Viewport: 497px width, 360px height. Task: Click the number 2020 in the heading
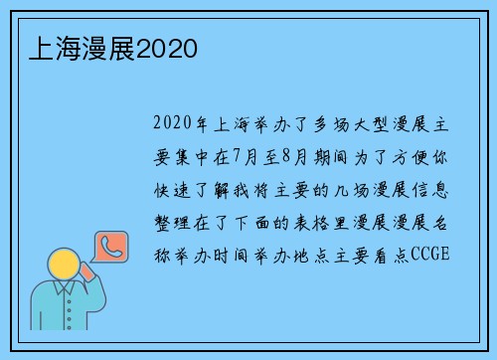coord(167,48)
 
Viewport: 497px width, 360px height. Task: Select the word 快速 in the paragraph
coord(174,189)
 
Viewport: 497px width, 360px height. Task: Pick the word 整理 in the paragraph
coord(174,222)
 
